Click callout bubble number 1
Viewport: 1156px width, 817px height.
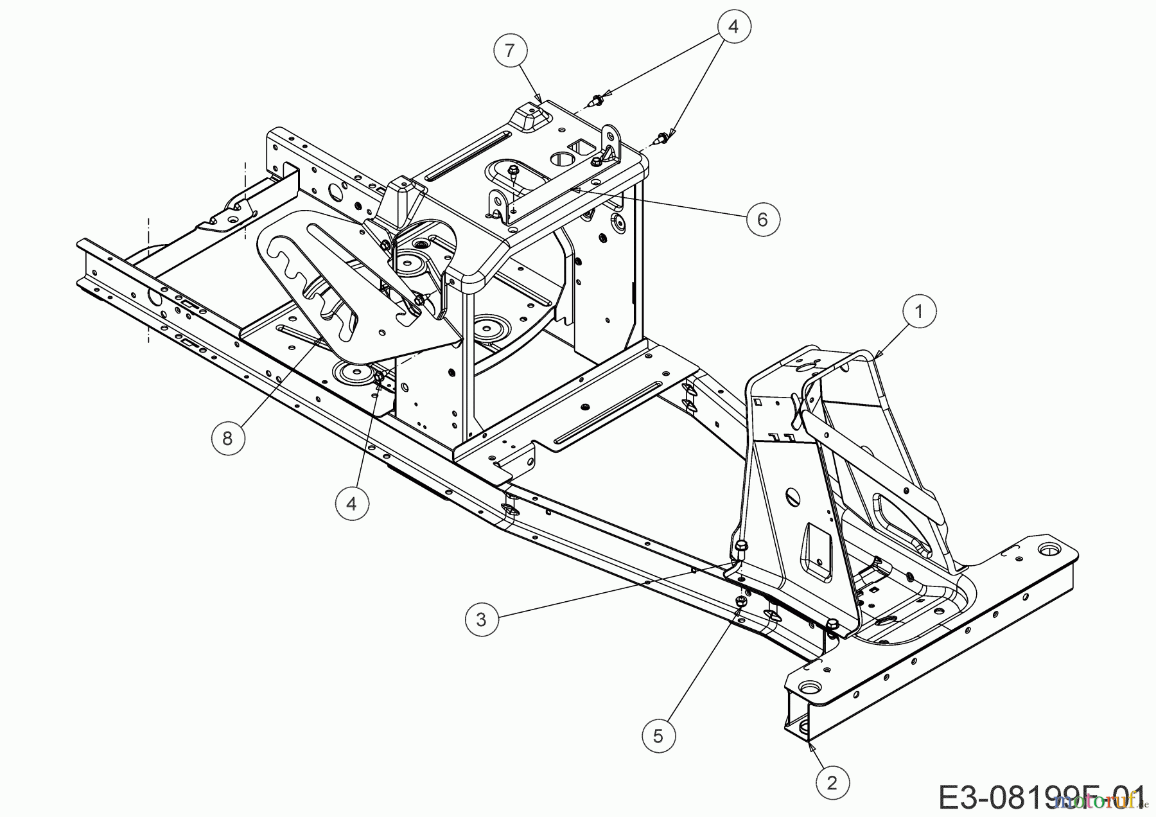point(918,312)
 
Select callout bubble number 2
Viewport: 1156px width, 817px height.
point(832,783)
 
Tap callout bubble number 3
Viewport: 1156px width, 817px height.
point(481,619)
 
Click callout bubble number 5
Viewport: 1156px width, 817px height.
point(658,735)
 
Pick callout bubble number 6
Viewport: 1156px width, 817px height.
point(762,220)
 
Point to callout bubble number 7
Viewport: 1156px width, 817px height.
point(510,50)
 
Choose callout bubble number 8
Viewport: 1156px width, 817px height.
point(227,438)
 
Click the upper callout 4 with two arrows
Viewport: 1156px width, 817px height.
point(733,27)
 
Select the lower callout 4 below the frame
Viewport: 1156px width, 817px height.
point(351,504)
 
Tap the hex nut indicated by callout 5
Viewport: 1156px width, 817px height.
point(740,601)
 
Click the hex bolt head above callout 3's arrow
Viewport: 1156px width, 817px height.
point(741,545)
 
